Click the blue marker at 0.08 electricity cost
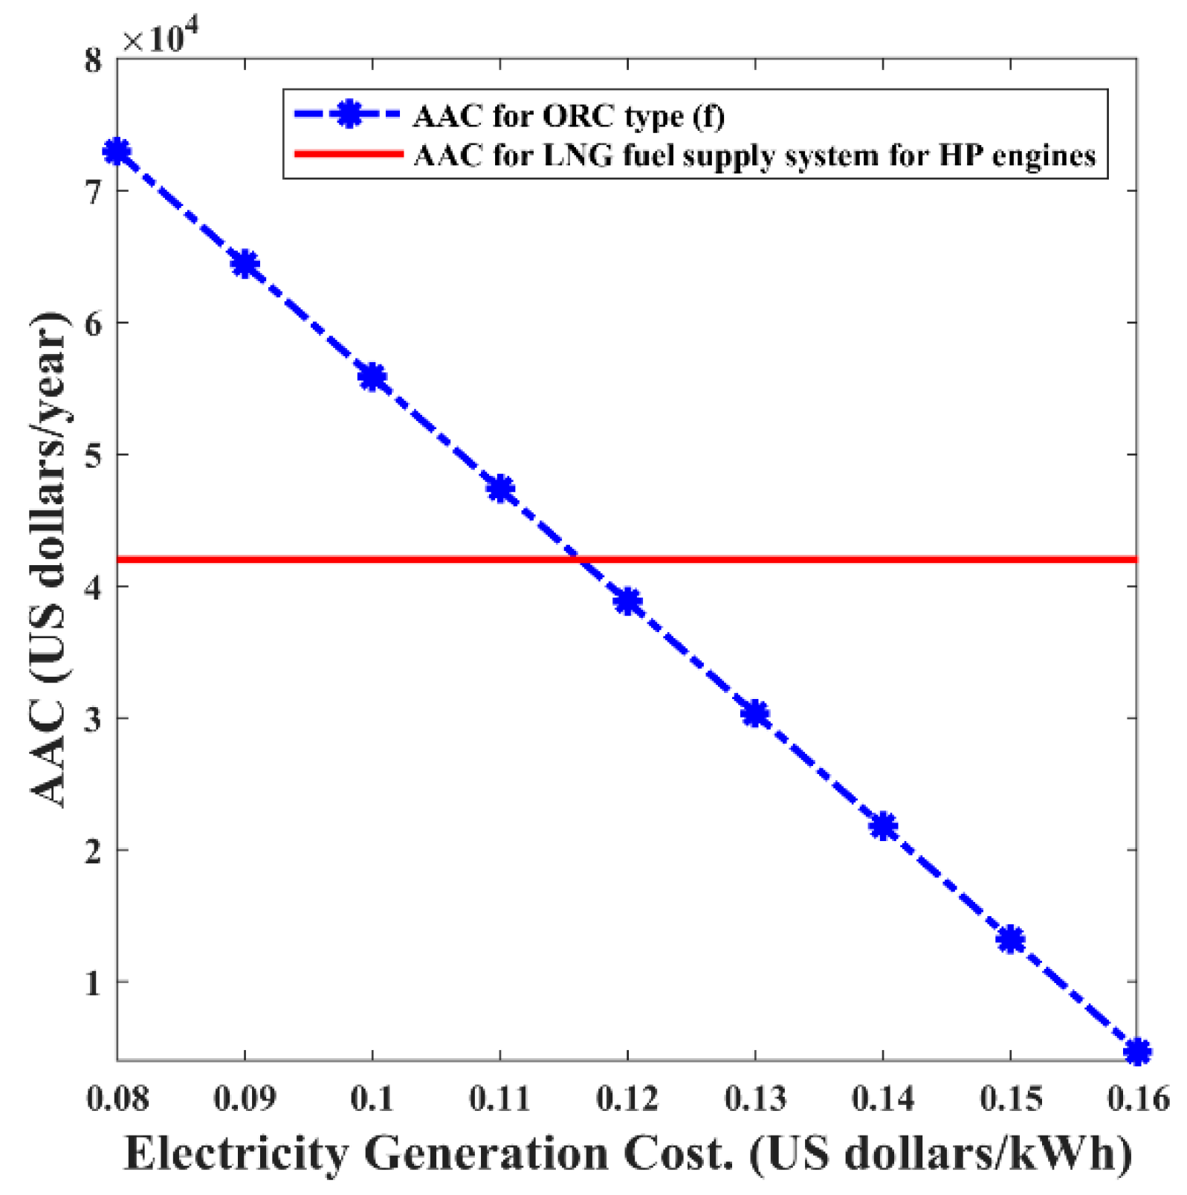(117, 152)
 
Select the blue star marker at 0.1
(372, 377)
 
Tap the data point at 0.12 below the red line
(628, 601)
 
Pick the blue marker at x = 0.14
(883, 826)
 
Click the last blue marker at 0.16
(1137, 1051)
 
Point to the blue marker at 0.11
(501, 489)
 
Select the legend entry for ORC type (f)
(569, 116)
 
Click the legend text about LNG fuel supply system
(754, 155)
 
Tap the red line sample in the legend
(348, 155)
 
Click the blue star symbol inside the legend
(348, 115)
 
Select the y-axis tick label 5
(93, 455)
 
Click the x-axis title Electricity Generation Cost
(628, 1154)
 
